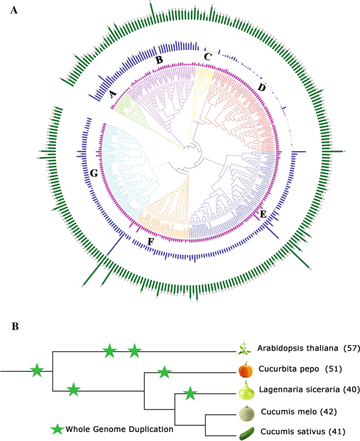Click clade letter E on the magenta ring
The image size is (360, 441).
click(x=263, y=214)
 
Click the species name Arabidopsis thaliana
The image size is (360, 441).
click(x=297, y=349)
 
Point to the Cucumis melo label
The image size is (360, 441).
click(x=288, y=411)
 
